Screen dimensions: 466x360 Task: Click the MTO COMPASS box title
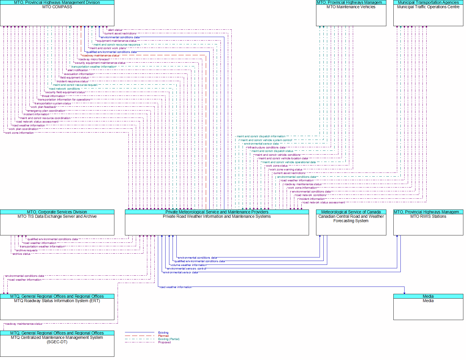pyautogui.click(x=57, y=7)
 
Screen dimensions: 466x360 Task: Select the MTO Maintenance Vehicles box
pyautogui.click(x=351, y=13)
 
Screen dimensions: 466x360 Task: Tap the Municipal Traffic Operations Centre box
pyautogui.click(x=428, y=13)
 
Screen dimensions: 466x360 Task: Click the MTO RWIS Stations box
pyautogui.click(x=428, y=222)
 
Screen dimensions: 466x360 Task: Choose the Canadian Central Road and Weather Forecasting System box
pyautogui.click(x=351, y=222)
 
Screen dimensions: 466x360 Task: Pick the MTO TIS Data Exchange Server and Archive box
pyautogui.click(x=57, y=222)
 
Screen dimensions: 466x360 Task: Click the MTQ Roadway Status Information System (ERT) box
pyautogui.click(x=57, y=307)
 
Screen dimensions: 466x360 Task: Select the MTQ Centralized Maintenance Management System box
pyautogui.click(x=57, y=344)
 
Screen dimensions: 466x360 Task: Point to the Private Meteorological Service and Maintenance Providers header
pyautogui.click(x=217, y=212)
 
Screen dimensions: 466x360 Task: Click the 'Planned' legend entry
pyautogui.click(x=163, y=336)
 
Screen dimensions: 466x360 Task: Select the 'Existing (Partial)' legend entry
pyautogui.click(x=169, y=339)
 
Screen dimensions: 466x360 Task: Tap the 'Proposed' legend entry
pyautogui.click(x=164, y=342)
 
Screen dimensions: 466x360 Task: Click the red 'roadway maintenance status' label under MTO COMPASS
pyautogui.click(x=101, y=56)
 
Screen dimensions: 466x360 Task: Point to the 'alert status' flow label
pyautogui.click(x=115, y=30)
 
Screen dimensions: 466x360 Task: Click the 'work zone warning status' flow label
pyautogui.click(x=286, y=170)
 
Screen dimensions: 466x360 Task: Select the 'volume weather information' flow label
pyautogui.click(x=189, y=265)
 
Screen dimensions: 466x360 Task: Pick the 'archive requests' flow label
pyautogui.click(x=27, y=250)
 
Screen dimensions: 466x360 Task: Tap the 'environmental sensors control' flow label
pyautogui.click(x=186, y=269)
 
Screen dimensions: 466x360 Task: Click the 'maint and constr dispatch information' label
pyautogui.click(x=261, y=136)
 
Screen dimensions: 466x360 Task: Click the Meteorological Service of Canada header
pyautogui.click(x=351, y=212)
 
